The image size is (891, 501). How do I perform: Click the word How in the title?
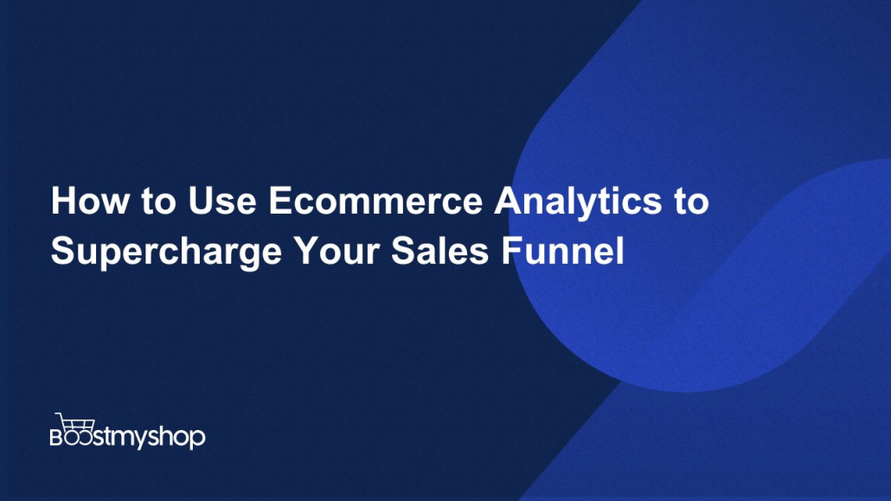pos(90,200)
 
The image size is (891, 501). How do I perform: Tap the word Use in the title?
pos(222,200)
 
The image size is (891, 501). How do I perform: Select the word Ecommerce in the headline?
pos(375,200)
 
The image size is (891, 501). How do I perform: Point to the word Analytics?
pos(578,202)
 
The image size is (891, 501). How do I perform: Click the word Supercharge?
pos(166,252)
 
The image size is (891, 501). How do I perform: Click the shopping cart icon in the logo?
pos(74,422)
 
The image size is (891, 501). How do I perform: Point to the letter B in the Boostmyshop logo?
pos(56,437)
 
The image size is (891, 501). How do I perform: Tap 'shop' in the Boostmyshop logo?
pos(178,438)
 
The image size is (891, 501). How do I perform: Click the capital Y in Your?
pos(306,250)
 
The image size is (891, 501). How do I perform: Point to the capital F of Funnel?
pos(511,250)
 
